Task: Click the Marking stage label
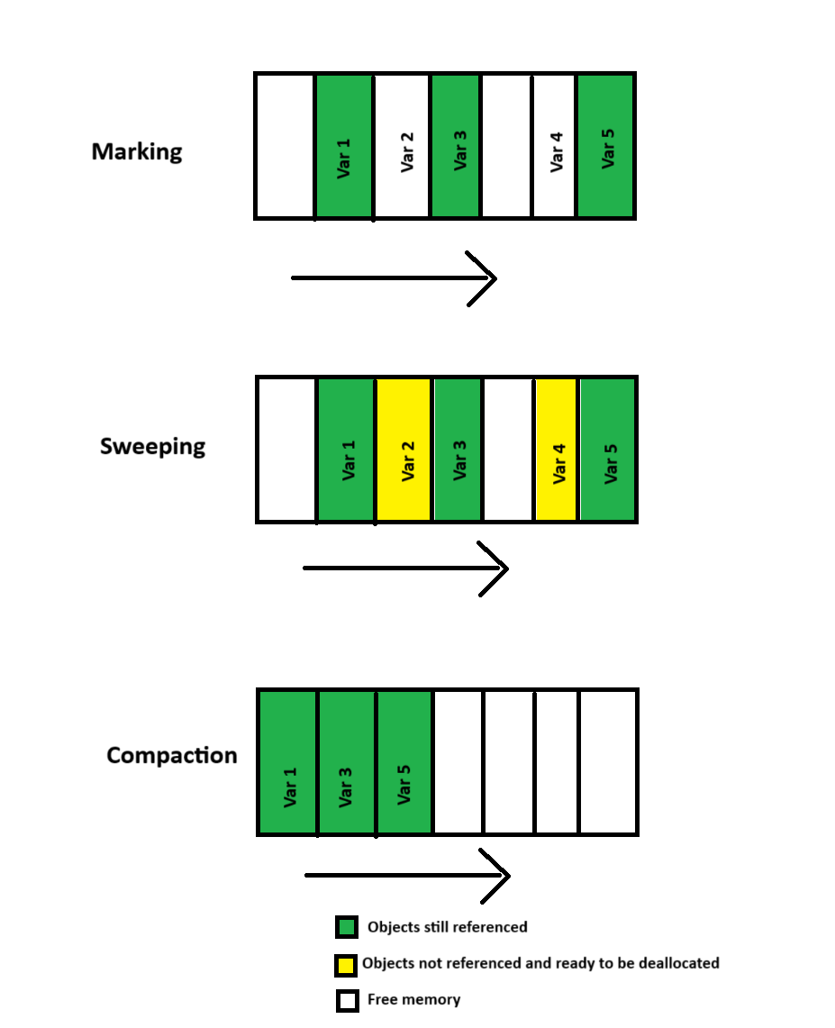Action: pos(137,151)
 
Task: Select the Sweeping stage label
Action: pos(152,447)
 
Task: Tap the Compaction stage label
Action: pos(171,755)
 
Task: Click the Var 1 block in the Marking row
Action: pos(343,146)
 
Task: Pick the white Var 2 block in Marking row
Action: pos(402,146)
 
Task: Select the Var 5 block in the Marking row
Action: pos(606,146)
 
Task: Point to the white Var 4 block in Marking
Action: pos(554,146)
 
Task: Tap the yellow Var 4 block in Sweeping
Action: pos(556,450)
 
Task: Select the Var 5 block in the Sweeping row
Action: pos(608,450)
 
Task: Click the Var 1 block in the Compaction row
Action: pos(287,762)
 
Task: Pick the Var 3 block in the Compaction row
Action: pos(347,762)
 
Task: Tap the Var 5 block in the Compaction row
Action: pos(404,762)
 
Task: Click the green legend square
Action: pos(347,927)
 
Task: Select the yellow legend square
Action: pos(347,965)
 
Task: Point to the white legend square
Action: pos(347,1001)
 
